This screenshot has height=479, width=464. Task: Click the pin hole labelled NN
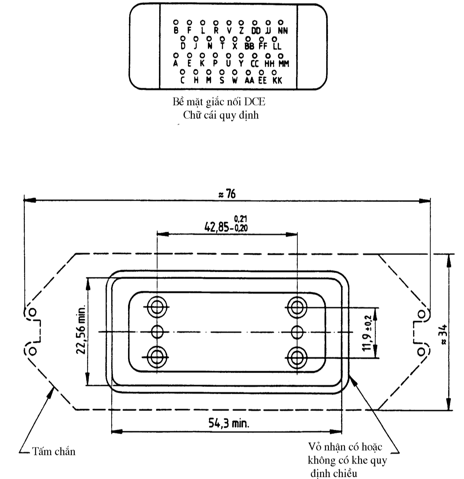point(281,23)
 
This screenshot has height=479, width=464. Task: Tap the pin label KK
point(277,80)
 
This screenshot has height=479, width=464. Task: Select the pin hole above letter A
point(176,56)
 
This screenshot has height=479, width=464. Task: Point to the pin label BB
point(249,46)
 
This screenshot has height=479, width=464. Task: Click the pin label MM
point(284,64)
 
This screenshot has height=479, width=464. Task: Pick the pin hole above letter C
point(183,72)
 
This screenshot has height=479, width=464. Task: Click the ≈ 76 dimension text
point(227,194)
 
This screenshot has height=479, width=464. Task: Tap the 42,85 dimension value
point(216,228)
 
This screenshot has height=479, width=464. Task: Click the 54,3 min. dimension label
point(229,423)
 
